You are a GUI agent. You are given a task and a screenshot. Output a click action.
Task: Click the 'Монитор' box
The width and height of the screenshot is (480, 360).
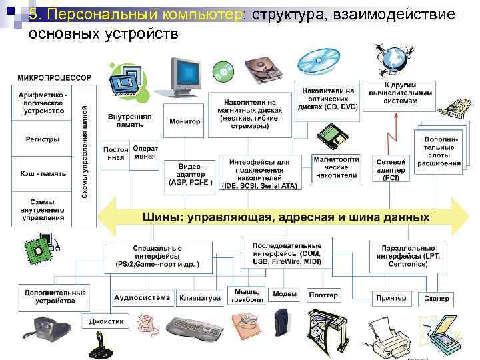tap(185, 121)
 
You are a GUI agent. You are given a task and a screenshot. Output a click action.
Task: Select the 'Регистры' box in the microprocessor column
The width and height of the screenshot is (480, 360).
tap(43, 140)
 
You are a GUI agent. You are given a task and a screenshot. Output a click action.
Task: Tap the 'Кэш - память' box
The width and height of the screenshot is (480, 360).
tap(43, 173)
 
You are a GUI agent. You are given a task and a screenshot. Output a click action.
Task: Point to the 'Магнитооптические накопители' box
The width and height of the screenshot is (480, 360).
tap(337, 168)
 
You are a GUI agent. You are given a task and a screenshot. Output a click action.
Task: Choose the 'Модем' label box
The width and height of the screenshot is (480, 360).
tap(285, 294)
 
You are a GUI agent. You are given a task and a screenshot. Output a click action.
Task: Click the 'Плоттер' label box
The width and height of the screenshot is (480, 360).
tap(323, 295)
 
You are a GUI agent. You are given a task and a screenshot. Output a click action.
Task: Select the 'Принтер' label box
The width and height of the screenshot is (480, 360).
tap(391, 298)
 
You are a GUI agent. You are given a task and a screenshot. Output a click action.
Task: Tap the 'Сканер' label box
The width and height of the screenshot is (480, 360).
tap(436, 298)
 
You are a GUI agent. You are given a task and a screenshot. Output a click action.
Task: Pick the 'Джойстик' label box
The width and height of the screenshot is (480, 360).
tap(107, 321)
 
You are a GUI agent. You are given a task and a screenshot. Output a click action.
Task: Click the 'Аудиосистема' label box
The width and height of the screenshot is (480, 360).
tap(142, 298)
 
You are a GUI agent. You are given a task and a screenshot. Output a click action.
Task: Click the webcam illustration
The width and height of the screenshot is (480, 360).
tap(45, 329)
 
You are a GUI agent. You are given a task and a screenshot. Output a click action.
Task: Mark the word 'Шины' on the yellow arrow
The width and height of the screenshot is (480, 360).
tap(162, 217)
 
